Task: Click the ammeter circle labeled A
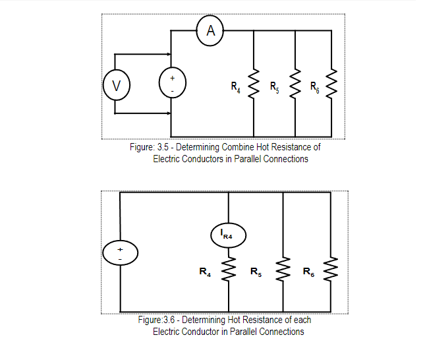click(x=210, y=30)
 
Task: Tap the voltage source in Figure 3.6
click(x=120, y=254)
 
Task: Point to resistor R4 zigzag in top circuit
click(x=254, y=84)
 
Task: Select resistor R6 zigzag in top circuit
click(x=332, y=84)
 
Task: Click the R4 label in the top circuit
click(x=235, y=86)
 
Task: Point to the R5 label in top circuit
click(x=275, y=86)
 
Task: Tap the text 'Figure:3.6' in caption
click(x=156, y=320)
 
